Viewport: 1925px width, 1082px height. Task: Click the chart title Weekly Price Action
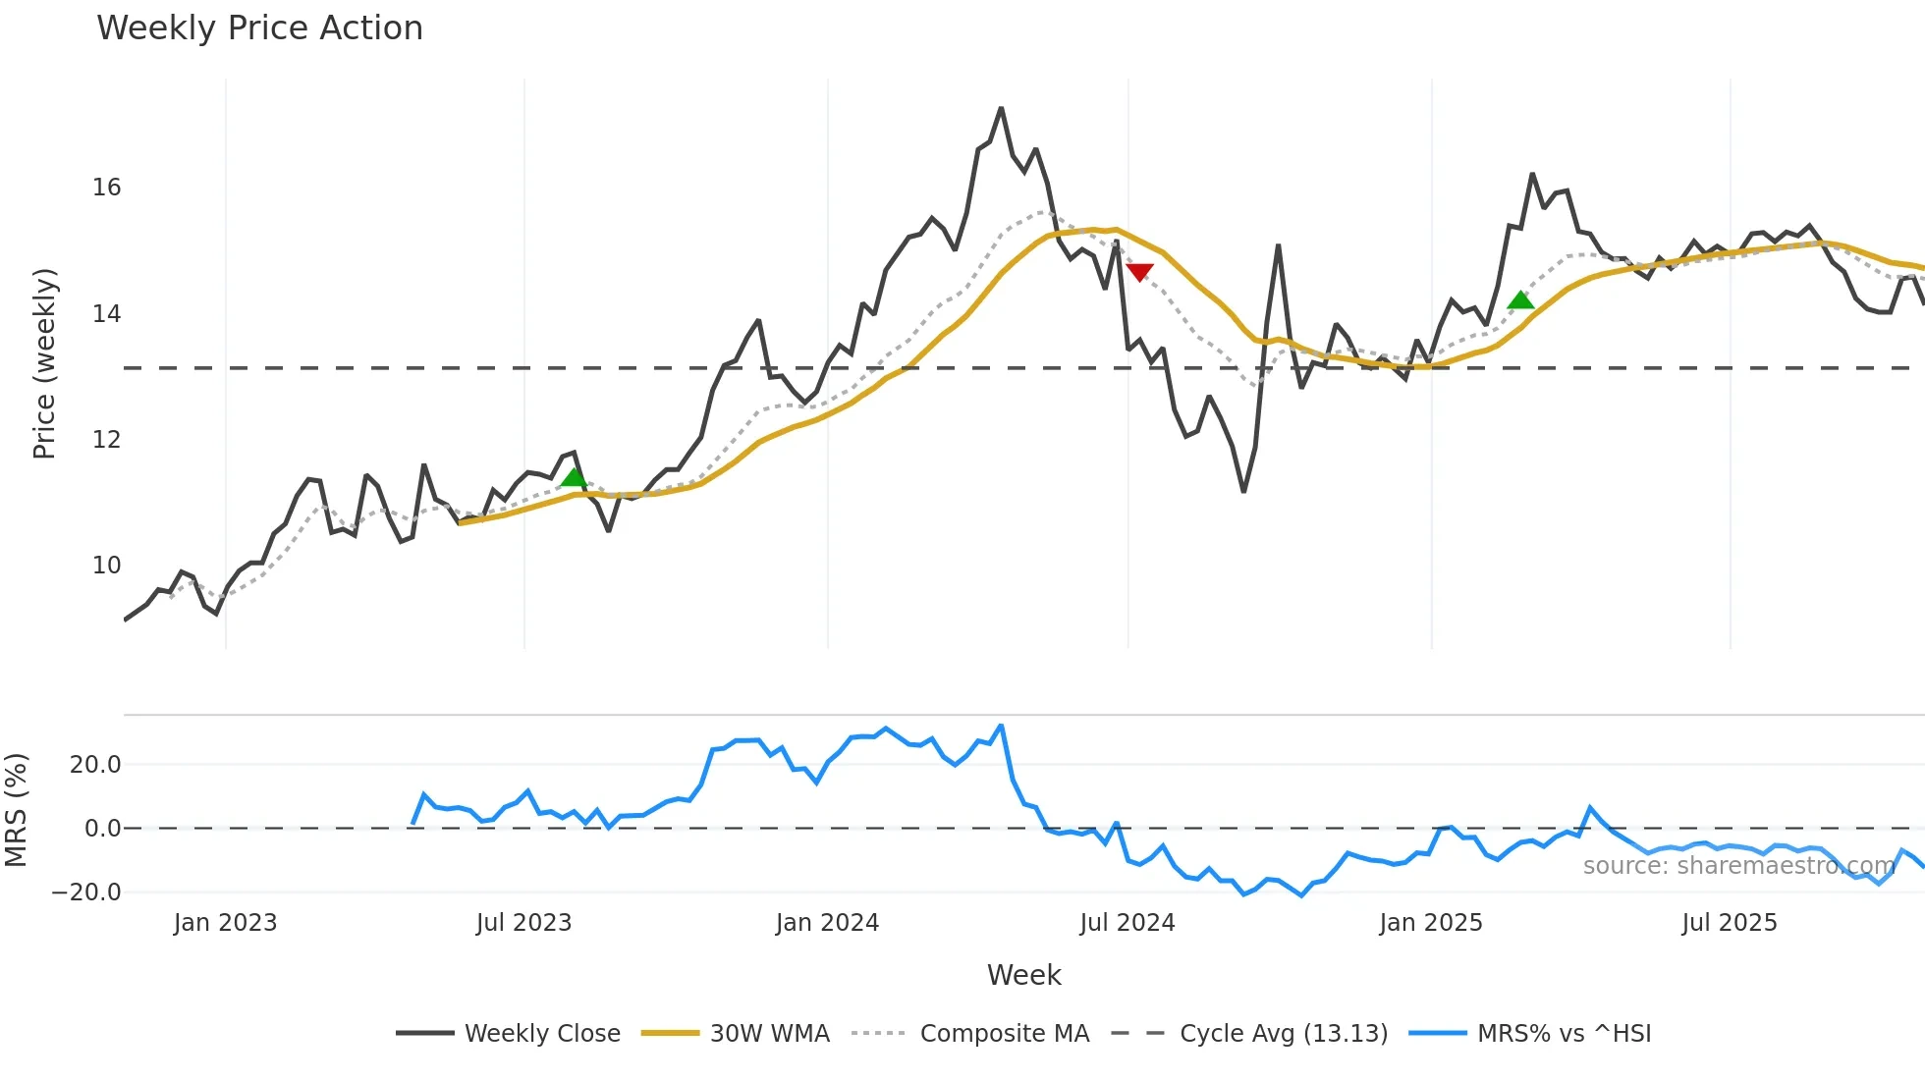tap(259, 28)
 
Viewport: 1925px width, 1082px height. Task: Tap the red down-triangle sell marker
tap(1139, 272)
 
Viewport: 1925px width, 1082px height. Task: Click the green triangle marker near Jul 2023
tap(574, 478)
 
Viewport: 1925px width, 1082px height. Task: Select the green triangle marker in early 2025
tap(1520, 300)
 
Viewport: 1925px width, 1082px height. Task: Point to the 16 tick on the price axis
tap(107, 188)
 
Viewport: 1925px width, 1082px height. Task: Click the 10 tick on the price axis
tap(107, 566)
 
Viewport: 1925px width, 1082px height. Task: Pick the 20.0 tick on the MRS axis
tap(95, 765)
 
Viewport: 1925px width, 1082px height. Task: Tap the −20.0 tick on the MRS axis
tap(86, 893)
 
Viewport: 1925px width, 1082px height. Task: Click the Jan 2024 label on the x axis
tap(827, 923)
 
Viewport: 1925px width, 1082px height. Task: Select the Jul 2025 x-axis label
tap(1729, 923)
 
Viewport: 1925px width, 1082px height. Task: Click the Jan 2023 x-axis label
tap(225, 923)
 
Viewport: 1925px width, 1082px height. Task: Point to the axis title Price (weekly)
tap(44, 363)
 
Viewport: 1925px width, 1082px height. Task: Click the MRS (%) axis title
tap(17, 810)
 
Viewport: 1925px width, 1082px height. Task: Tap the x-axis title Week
tap(1023, 975)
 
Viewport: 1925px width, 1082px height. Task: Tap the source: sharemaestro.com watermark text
tap(1738, 866)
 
